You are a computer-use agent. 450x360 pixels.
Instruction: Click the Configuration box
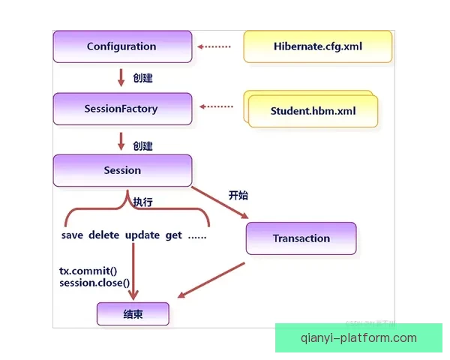[121, 46]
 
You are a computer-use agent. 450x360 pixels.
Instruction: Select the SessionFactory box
[121, 109]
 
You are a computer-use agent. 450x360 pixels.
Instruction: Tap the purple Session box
[122, 170]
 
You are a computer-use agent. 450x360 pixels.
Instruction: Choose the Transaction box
[301, 238]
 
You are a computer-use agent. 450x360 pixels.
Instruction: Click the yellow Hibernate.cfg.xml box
[318, 46]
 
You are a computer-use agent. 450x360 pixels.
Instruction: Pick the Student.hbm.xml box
[313, 112]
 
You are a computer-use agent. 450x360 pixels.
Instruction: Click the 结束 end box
[133, 314]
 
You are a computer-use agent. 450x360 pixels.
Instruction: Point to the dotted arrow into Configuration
[214, 46]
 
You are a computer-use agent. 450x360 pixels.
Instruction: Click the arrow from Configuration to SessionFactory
[121, 77]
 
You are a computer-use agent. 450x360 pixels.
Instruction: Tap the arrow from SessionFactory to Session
[121, 139]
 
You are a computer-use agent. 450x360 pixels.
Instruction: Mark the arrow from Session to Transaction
[221, 202]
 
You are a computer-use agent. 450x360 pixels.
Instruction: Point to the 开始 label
[238, 196]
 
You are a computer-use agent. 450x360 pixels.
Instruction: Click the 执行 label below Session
[142, 202]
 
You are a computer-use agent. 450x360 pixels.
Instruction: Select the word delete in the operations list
[104, 235]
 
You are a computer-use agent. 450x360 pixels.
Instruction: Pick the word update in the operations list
[142, 235]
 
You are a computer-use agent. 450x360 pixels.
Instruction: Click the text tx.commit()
[88, 271]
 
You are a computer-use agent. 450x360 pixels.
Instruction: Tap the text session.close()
[94, 283]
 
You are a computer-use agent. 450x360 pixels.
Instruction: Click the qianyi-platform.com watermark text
[358, 338]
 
